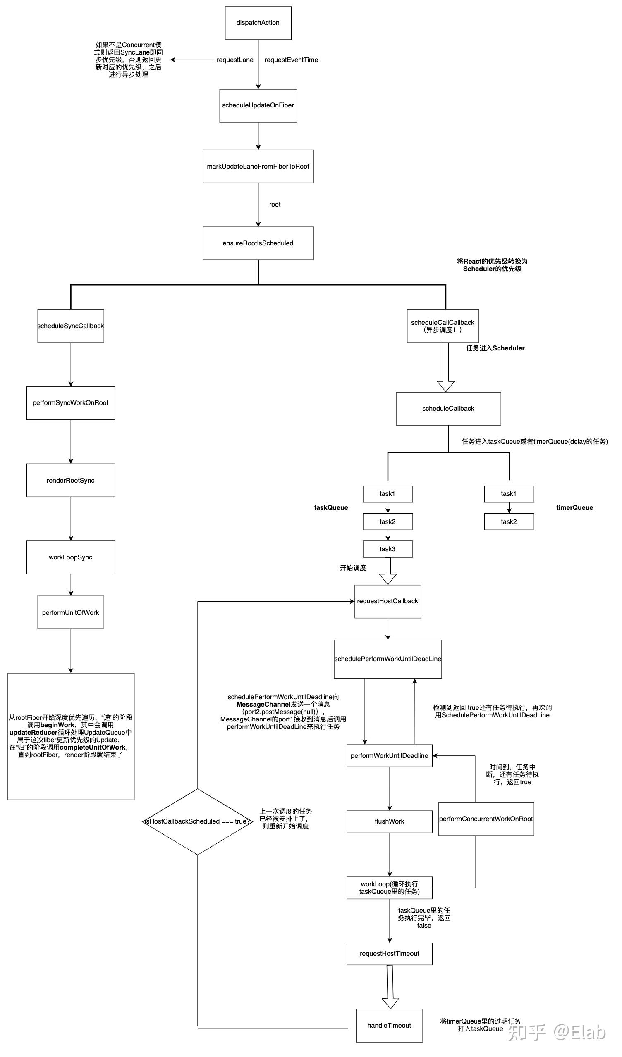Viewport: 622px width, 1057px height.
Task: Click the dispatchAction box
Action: [x=258, y=23]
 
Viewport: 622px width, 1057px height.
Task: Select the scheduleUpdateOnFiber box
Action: [x=258, y=106]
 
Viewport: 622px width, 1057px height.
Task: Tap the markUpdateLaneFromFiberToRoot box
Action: [x=258, y=166]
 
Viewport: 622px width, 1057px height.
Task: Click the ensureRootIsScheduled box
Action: [x=258, y=243]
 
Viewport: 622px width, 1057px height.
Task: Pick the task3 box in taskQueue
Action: [x=388, y=549]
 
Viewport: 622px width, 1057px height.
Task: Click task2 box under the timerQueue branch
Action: [x=509, y=522]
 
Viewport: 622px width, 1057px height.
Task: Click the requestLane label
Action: [x=235, y=60]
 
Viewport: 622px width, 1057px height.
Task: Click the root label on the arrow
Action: [x=275, y=205]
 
